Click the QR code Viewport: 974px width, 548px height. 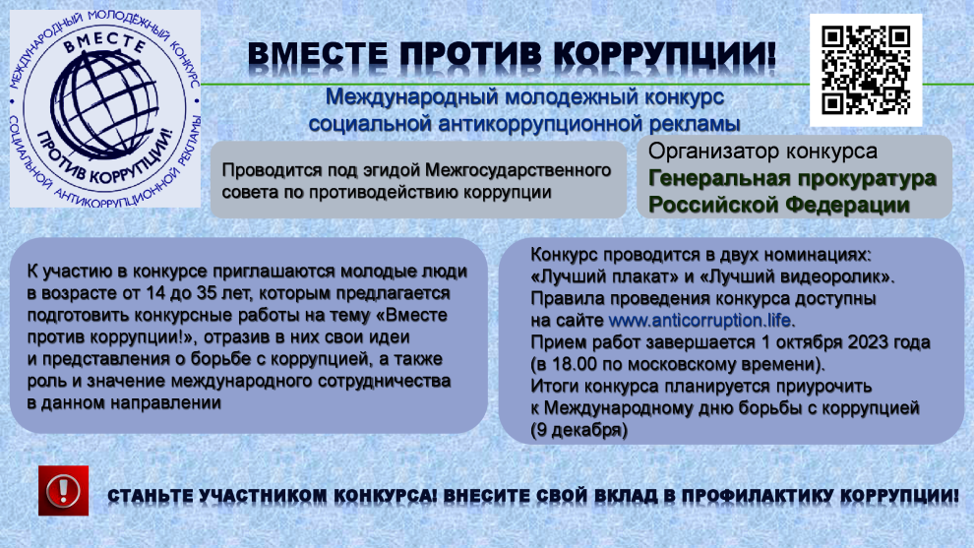coord(866,70)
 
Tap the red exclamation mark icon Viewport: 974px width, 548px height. coord(63,491)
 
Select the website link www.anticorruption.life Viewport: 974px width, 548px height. coord(700,321)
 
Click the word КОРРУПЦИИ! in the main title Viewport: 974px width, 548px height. coord(665,55)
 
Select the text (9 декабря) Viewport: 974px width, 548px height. coord(578,430)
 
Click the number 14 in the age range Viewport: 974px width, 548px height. coord(154,293)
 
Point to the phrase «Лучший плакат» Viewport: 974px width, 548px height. coord(594,276)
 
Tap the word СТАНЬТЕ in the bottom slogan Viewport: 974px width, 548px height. coord(150,497)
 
